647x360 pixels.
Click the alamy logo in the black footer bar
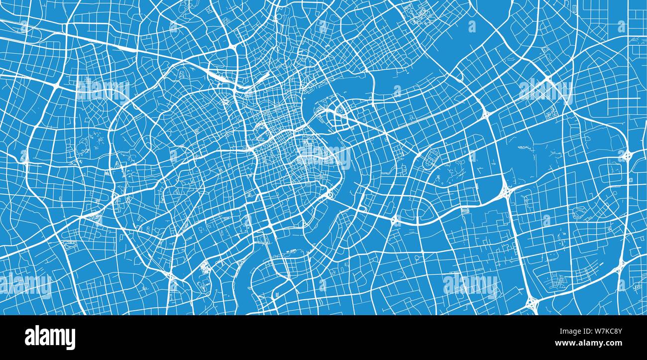(50, 337)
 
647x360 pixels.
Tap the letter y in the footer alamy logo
(71, 339)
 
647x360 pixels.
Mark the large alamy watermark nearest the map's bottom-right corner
(470, 285)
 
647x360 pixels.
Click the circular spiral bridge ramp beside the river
(328, 195)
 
